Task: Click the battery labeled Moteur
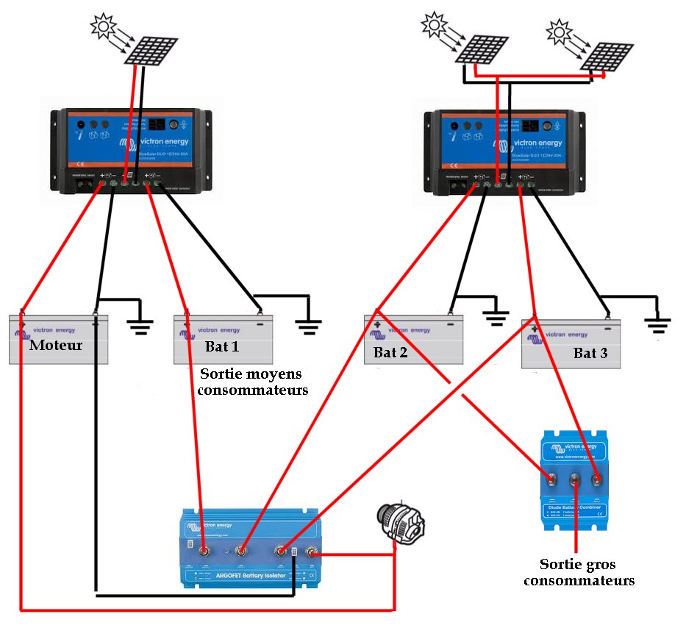(58, 339)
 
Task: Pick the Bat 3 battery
(571, 344)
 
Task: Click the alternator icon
(399, 524)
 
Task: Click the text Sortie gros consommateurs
(587, 572)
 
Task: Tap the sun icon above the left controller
(103, 26)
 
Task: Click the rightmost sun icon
(561, 30)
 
